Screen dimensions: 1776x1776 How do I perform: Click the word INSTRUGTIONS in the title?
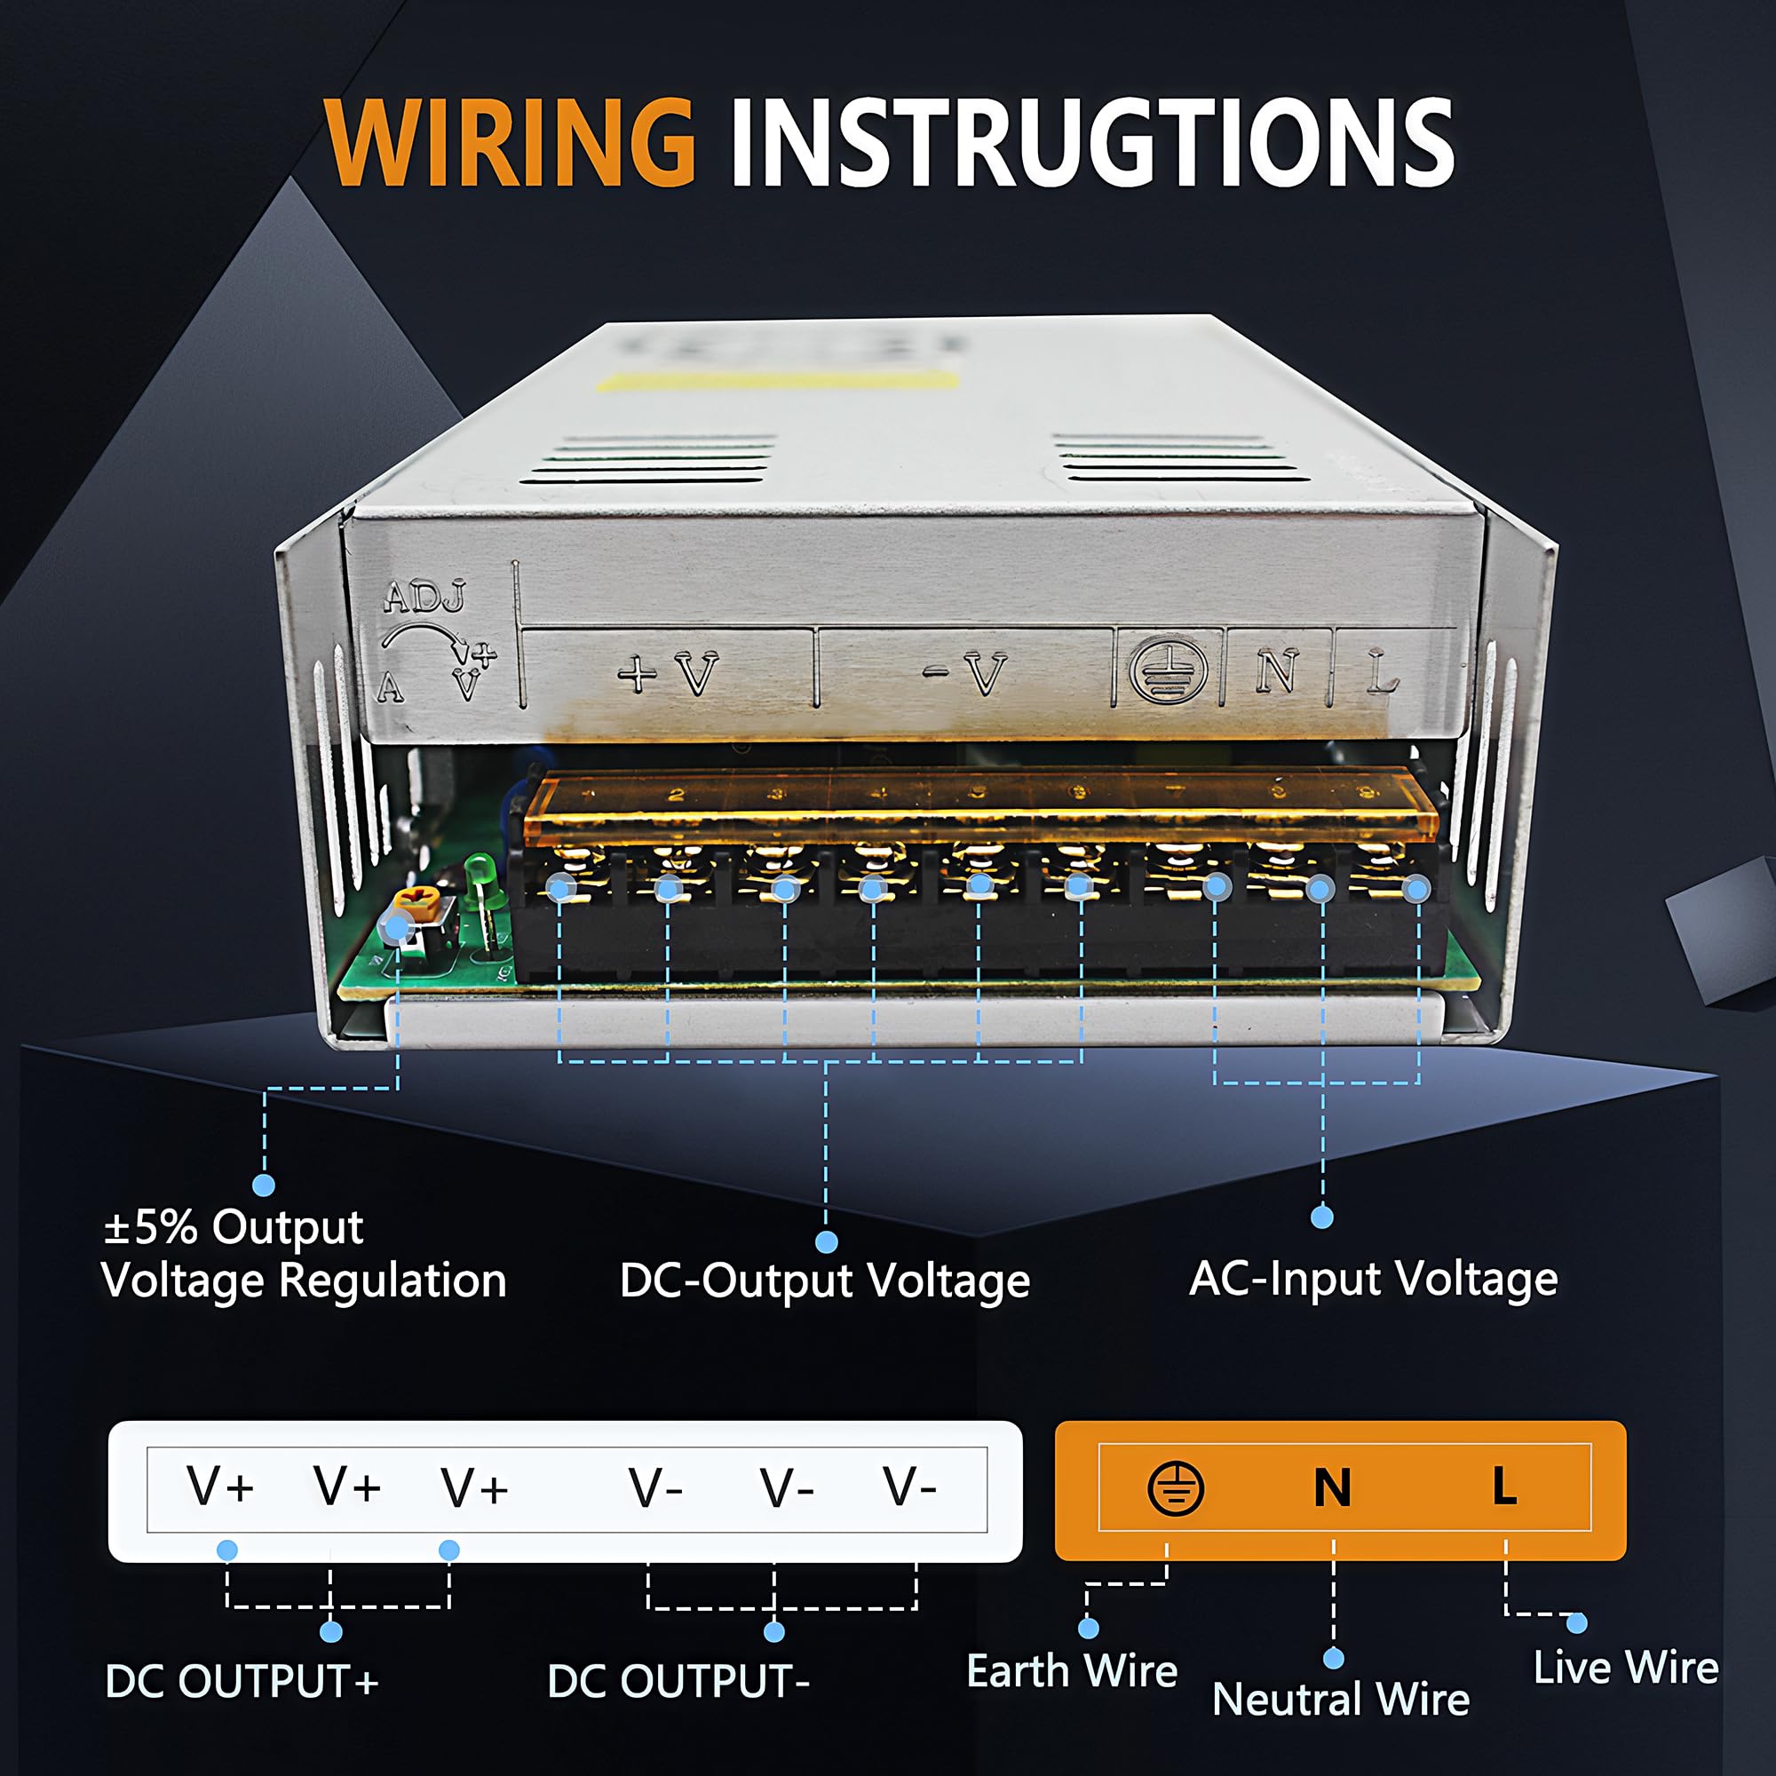pos(1091,142)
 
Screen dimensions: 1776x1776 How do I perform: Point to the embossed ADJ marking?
pos(424,598)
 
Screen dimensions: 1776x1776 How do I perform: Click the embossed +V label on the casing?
pos(668,674)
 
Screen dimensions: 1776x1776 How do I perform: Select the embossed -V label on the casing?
pos(966,674)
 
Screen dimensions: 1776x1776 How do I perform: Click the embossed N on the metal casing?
pos(1276,671)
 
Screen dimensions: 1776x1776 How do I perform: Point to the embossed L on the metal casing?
pos(1381,673)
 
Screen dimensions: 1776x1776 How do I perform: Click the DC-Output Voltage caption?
pos(825,1280)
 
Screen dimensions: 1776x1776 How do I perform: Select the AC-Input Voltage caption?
pos(1374,1279)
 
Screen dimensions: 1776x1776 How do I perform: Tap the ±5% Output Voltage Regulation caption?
pos(304,1254)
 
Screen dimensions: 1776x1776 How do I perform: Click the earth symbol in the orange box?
pos(1175,1488)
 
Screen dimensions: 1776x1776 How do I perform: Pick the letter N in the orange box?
pos(1332,1488)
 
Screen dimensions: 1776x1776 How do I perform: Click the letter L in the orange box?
pos(1504,1487)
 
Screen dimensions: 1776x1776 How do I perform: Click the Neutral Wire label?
pos(1340,1699)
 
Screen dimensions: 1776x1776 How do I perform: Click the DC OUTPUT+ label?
pos(242,1681)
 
